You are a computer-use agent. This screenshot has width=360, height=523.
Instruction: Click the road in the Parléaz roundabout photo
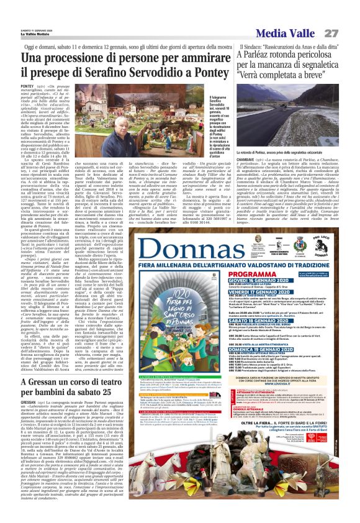[286, 124]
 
